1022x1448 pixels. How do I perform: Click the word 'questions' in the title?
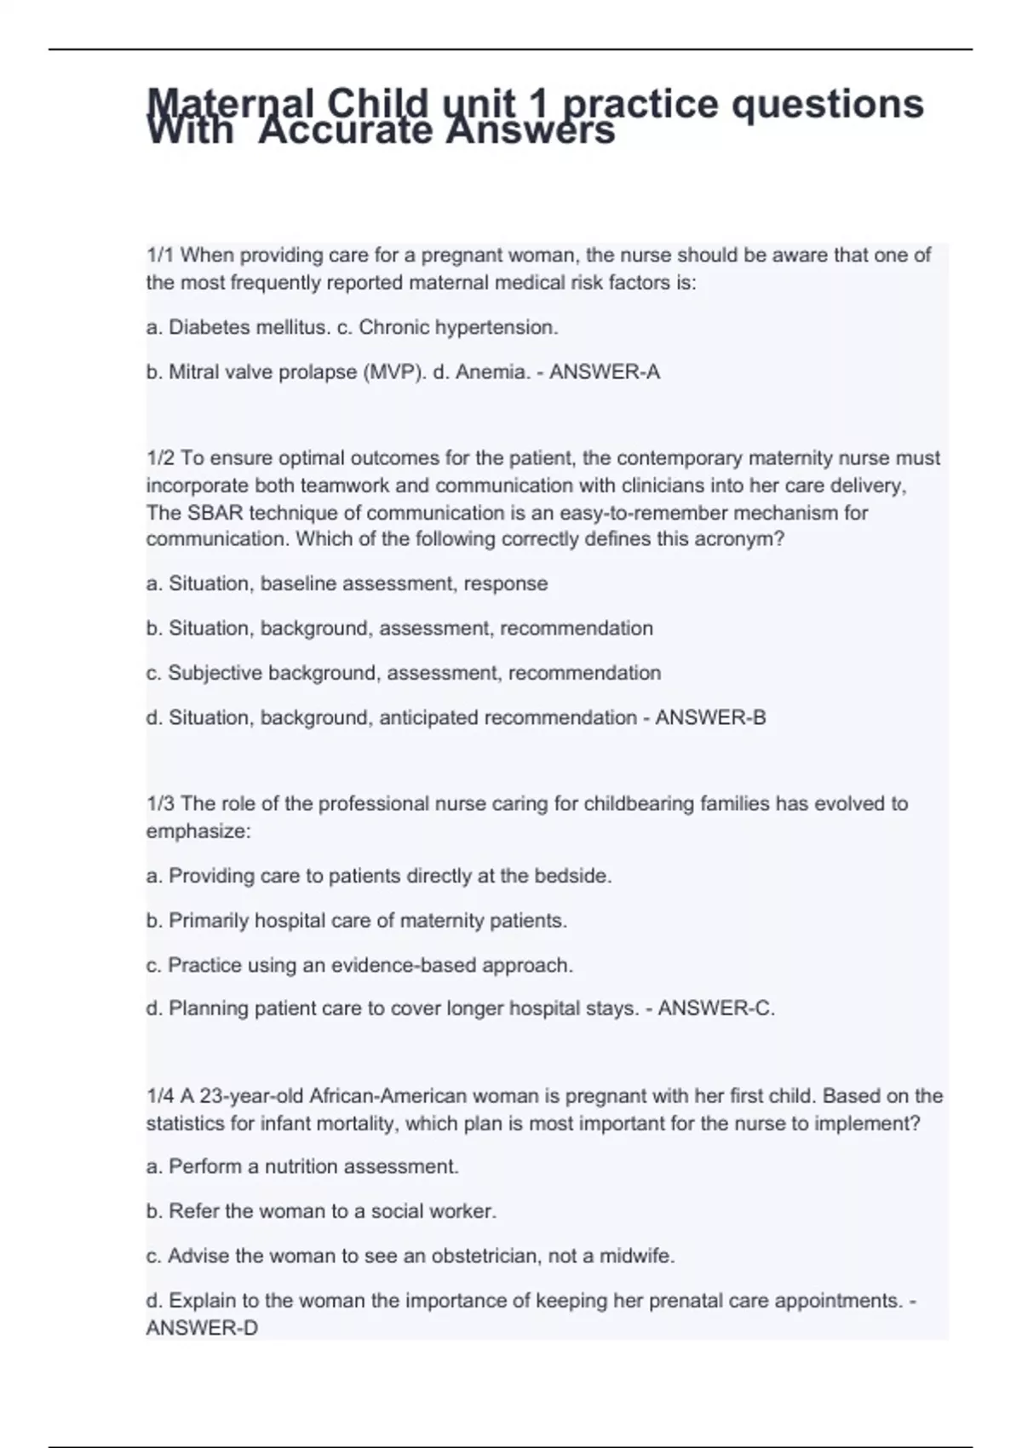coord(828,104)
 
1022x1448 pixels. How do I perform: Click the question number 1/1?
coord(160,255)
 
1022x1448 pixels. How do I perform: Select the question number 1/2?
coord(160,458)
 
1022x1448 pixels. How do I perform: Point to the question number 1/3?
coord(160,803)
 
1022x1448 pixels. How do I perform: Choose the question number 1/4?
coord(160,1095)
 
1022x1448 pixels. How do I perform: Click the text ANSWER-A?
coord(605,372)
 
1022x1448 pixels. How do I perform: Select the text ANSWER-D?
coord(202,1328)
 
